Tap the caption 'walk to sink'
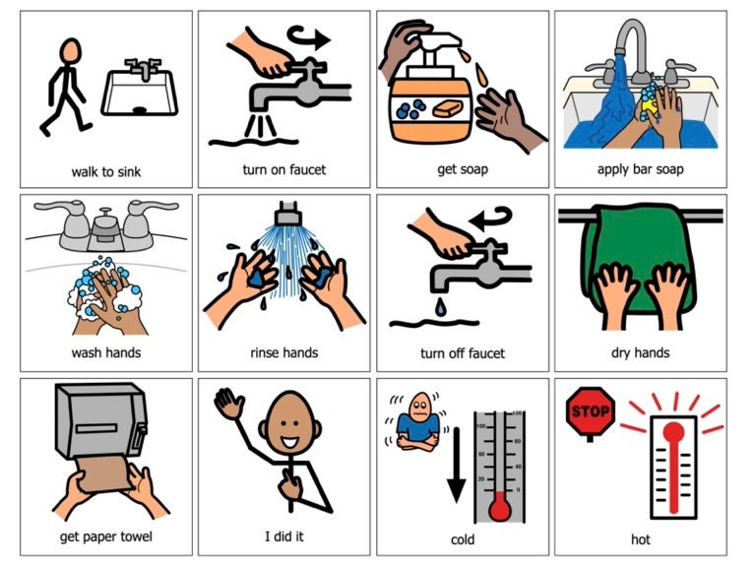[x=106, y=171]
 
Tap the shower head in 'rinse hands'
[x=286, y=215]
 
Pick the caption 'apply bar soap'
[x=641, y=169]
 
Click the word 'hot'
[x=641, y=539]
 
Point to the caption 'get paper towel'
[x=105, y=537]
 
